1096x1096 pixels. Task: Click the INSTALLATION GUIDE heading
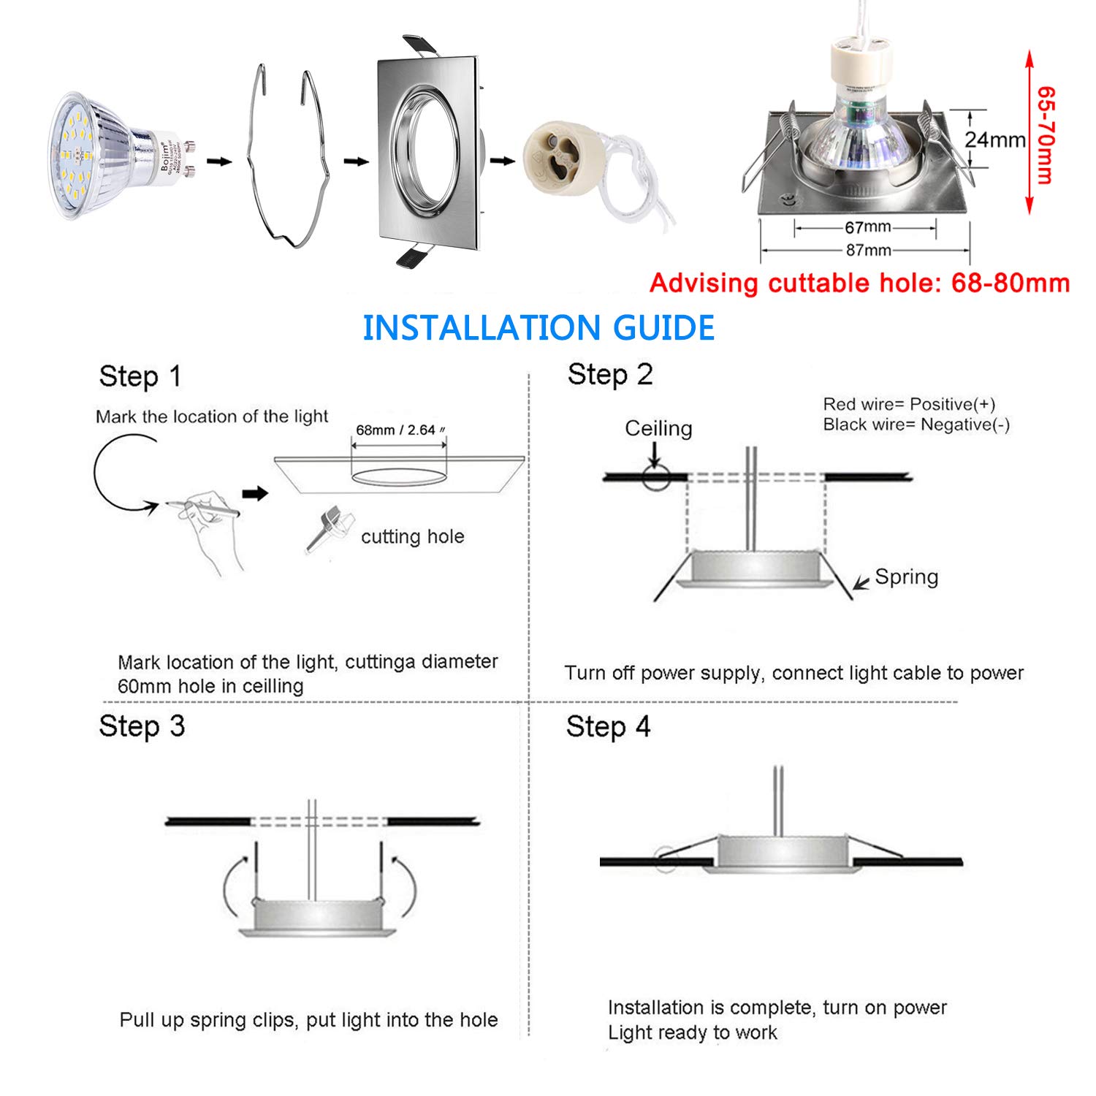click(x=539, y=327)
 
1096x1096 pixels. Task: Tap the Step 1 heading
click(x=140, y=376)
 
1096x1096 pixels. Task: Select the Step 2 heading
click(x=609, y=374)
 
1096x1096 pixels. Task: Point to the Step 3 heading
click(x=142, y=726)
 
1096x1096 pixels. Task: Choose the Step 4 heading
click(x=608, y=727)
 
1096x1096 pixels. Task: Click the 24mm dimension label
click(x=995, y=139)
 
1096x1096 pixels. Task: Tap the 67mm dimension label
click(x=867, y=227)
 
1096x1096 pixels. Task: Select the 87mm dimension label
click(x=868, y=250)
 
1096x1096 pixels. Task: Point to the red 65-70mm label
click(x=1046, y=135)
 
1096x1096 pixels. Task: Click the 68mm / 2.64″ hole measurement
click(x=400, y=430)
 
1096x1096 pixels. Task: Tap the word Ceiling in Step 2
click(x=658, y=428)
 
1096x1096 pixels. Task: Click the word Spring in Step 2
click(x=907, y=577)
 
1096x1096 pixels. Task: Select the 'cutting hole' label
click(x=413, y=536)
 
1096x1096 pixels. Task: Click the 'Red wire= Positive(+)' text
click(x=909, y=404)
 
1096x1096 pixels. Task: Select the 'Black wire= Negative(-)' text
click(x=916, y=425)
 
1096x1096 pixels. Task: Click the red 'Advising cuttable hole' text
click(x=859, y=283)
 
